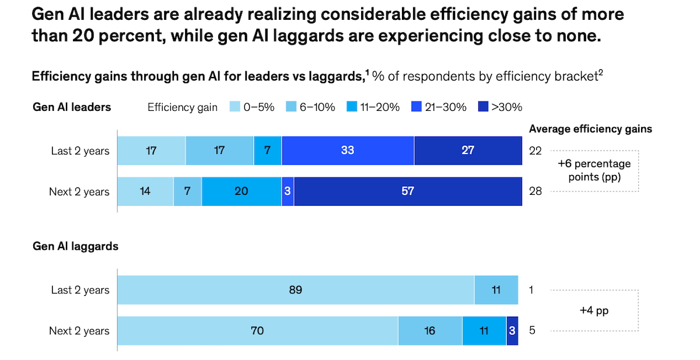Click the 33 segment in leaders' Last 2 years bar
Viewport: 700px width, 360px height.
coord(348,151)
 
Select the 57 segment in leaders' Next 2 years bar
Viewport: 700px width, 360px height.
coord(408,191)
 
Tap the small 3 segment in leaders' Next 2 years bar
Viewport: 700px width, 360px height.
coord(288,191)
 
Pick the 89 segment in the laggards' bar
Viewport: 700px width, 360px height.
coord(296,290)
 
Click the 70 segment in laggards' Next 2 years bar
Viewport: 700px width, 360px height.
coord(257,331)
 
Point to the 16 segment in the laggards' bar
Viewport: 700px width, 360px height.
coord(430,331)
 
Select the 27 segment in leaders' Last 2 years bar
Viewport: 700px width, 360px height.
coord(468,151)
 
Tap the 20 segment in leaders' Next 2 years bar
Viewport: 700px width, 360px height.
coord(242,191)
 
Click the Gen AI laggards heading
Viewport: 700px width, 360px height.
coord(75,246)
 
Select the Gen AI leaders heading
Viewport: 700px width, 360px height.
coord(72,107)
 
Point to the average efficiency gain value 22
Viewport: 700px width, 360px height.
coord(535,151)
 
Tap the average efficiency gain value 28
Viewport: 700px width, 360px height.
coord(535,191)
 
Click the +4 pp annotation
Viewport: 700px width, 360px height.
coord(594,310)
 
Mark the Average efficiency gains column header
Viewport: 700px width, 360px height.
coord(590,129)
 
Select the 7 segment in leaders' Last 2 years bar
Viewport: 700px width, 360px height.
coord(267,151)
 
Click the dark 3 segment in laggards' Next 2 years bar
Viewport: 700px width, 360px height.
coord(512,331)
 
